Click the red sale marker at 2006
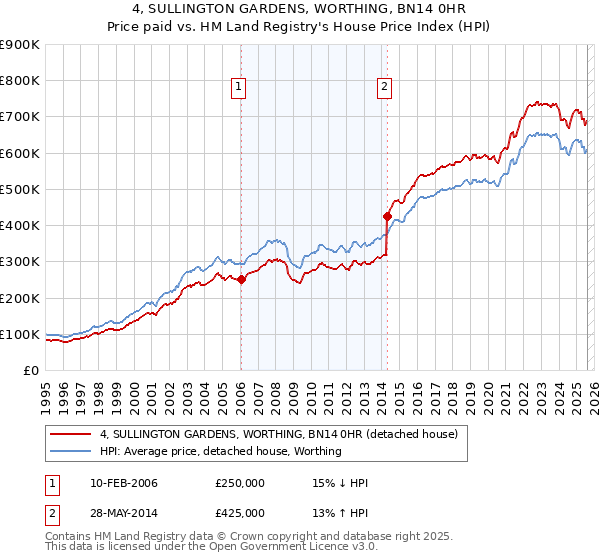click(241, 280)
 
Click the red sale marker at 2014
click(387, 216)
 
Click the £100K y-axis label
click(19, 334)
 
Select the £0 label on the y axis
click(30, 370)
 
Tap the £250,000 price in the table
click(240, 483)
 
